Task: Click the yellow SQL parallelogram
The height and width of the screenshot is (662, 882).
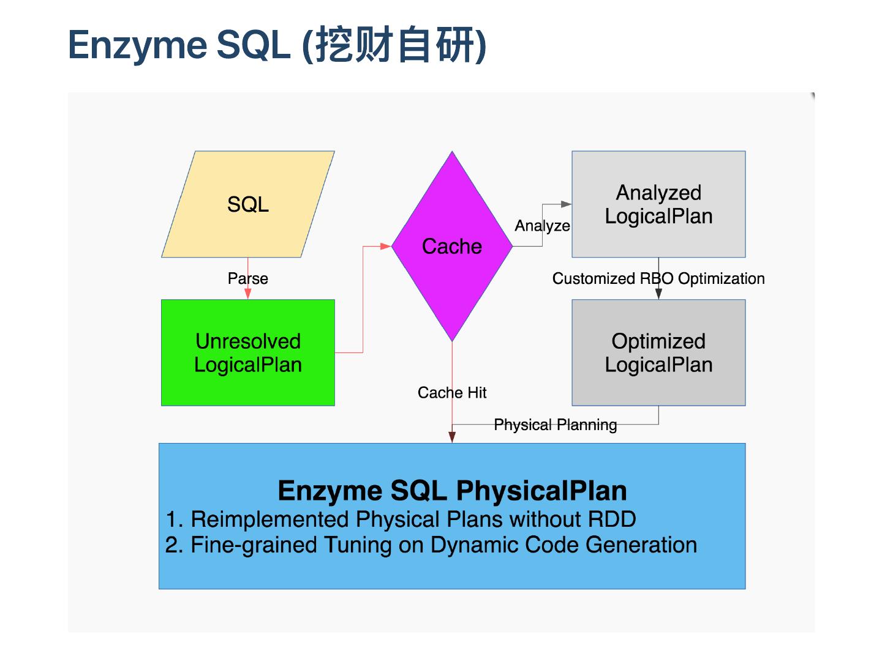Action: click(x=247, y=204)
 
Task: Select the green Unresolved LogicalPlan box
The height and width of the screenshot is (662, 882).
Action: click(x=247, y=352)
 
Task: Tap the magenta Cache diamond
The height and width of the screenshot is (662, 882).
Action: click(x=452, y=246)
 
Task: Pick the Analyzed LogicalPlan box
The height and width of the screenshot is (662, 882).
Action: click(x=658, y=204)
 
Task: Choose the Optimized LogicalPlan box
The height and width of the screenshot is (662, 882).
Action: click(x=658, y=352)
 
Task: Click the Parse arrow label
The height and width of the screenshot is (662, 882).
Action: click(x=247, y=278)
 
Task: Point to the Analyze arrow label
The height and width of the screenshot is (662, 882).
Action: click(x=542, y=226)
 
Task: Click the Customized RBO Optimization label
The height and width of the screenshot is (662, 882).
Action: click(x=658, y=278)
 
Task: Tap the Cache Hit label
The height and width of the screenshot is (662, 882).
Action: click(x=452, y=392)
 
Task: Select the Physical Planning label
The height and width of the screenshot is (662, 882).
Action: click(x=555, y=425)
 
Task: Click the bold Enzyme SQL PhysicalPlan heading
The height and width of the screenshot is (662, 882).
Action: click(x=452, y=491)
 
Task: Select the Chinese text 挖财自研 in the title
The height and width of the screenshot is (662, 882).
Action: click(x=395, y=45)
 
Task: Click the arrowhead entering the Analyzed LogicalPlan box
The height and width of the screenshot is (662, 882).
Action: click(x=567, y=204)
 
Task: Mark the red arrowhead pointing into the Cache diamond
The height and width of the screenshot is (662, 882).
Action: click(x=386, y=246)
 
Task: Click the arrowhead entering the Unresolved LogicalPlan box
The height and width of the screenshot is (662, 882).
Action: click(x=247, y=294)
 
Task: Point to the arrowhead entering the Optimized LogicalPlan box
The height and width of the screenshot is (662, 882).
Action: click(x=658, y=294)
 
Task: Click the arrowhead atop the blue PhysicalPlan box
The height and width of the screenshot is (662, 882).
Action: click(x=452, y=437)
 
